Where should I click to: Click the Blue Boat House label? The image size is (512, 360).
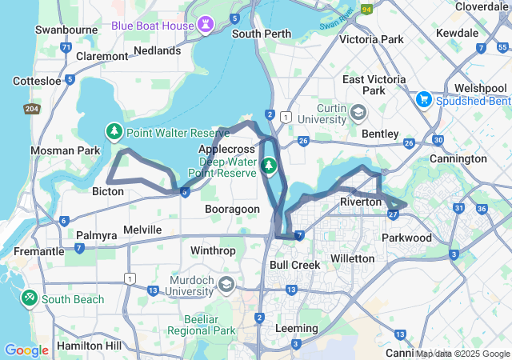[152, 26]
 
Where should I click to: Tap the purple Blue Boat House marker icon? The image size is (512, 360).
[206, 25]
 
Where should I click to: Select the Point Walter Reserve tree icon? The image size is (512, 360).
[115, 131]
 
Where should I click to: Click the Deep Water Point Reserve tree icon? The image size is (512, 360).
[270, 166]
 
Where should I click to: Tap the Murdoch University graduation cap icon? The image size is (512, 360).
[226, 284]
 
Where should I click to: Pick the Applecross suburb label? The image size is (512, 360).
[226, 149]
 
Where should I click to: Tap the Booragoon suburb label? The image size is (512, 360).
[232, 209]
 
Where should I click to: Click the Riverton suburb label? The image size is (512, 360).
[360, 202]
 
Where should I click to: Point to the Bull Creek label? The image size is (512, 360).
[295, 264]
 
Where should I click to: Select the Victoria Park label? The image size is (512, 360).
[371, 38]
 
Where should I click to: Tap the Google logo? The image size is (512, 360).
[26, 350]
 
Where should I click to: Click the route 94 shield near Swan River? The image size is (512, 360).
[367, 10]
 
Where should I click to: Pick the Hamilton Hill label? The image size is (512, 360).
[90, 346]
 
